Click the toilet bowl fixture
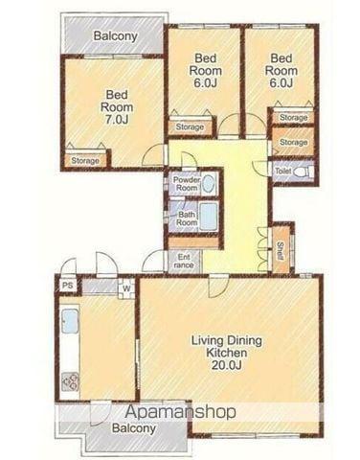click(303, 172)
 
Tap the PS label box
click(68, 286)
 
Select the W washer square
click(126, 288)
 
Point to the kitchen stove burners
click(70, 381)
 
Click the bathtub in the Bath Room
click(209, 217)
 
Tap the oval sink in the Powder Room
click(208, 183)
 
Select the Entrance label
click(184, 261)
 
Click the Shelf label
click(281, 251)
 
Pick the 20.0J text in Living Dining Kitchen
click(226, 364)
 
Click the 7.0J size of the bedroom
click(117, 119)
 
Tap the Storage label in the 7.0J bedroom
click(85, 160)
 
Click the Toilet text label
click(283, 172)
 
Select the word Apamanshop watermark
click(180, 412)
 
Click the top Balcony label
click(115, 35)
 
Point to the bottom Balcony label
click(134, 428)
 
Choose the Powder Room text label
click(187, 184)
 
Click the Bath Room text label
click(187, 218)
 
